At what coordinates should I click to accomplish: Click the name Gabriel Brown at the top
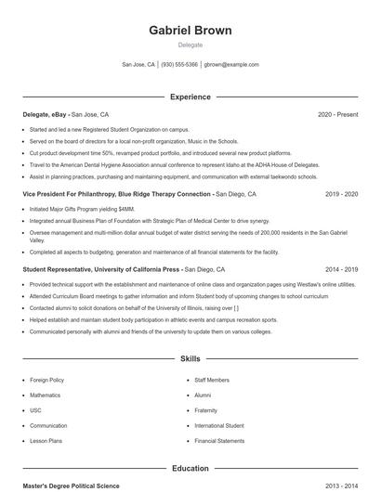[190, 31]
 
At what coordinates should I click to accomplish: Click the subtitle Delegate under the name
[190, 45]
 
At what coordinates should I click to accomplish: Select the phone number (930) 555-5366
[179, 65]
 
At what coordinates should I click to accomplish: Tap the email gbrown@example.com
[231, 65]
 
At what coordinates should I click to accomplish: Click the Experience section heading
[190, 97]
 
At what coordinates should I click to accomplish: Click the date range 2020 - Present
[337, 114]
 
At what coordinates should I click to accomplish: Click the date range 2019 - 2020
[341, 194]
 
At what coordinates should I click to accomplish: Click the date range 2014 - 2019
[341, 268]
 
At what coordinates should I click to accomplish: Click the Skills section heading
[190, 357]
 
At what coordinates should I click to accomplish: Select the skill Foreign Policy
[46, 380]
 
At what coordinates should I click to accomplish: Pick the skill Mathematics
[45, 395]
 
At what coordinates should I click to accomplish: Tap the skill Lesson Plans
[46, 441]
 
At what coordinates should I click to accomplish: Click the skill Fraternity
[205, 410]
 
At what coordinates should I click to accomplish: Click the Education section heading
[190, 469]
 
